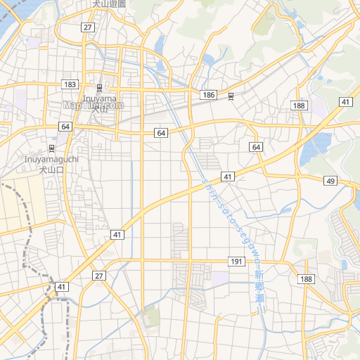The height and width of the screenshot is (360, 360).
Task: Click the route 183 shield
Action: pyautogui.click(x=70, y=84)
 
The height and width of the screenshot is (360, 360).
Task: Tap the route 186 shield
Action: pyautogui.click(x=207, y=94)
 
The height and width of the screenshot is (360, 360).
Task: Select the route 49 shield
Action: pyautogui.click(x=330, y=181)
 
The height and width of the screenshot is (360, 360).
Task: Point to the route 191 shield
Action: pyautogui.click(x=236, y=262)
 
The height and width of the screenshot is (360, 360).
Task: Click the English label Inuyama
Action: pyautogui.click(x=99, y=98)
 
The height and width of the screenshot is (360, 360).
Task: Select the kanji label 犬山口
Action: pyautogui.click(x=51, y=169)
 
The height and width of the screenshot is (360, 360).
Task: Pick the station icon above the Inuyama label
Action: pyautogui.click(x=99, y=88)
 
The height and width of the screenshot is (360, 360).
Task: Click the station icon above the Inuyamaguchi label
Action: pyautogui.click(x=51, y=148)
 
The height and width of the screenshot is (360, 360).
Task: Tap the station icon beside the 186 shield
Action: pyautogui.click(x=231, y=96)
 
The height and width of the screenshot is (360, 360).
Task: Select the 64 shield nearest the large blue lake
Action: pyautogui.click(x=256, y=147)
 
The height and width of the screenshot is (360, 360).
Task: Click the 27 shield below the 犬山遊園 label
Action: pyautogui.click(x=87, y=27)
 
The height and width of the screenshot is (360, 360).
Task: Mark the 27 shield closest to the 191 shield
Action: pyautogui.click(x=99, y=276)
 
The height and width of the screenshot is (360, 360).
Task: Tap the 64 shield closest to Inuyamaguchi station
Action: pyautogui.click(x=65, y=127)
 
